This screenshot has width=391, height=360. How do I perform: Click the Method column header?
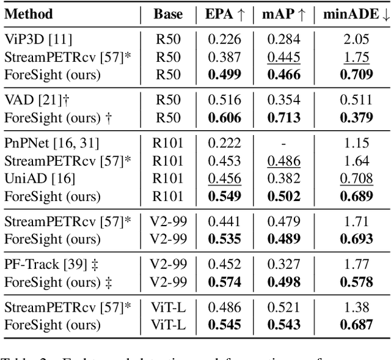pyautogui.click(x=29, y=13)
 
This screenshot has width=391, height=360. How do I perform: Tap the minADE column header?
pyautogui.click(x=356, y=13)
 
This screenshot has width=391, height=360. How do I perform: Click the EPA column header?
pyautogui.click(x=224, y=13)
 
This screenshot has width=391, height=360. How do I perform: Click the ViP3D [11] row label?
pyautogui.click(x=38, y=40)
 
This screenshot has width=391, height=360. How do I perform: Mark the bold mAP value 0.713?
pyautogui.click(x=285, y=117)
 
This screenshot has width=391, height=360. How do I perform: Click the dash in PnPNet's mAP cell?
pyautogui.click(x=285, y=143)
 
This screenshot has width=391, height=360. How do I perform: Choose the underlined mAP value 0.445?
pyautogui.click(x=285, y=57)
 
